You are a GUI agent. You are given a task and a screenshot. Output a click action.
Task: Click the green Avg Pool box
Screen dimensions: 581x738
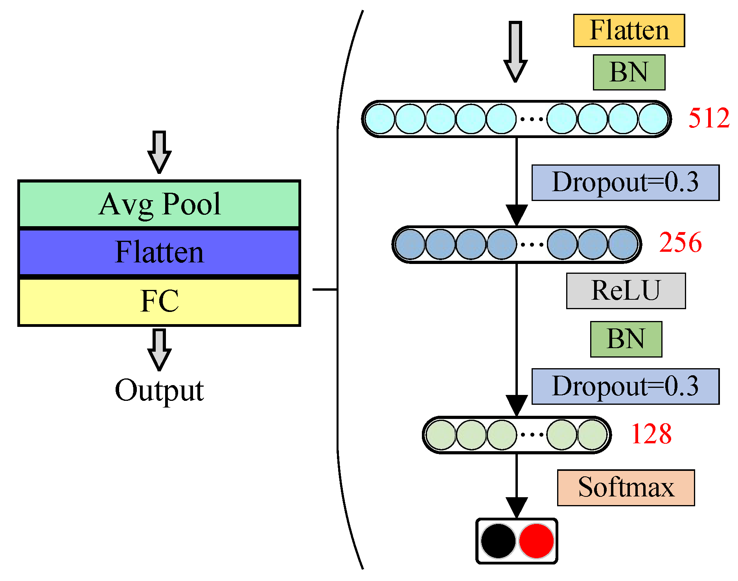click(159, 204)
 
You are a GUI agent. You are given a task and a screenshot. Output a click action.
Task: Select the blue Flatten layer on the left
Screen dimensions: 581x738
click(159, 252)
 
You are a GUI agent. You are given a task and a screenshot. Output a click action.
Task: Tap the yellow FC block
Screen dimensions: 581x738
click(159, 301)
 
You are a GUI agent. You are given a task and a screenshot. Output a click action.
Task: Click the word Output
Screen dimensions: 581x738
click(159, 390)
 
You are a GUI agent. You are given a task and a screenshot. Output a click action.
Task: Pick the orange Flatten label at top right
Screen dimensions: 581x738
click(629, 31)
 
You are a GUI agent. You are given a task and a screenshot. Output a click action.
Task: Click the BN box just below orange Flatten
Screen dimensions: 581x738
click(629, 72)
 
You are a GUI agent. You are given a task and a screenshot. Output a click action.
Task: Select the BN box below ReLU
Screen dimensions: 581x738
click(626, 339)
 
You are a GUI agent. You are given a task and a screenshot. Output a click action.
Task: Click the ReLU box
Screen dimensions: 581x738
click(626, 291)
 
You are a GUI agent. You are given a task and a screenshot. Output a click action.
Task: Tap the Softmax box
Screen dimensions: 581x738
click(626, 487)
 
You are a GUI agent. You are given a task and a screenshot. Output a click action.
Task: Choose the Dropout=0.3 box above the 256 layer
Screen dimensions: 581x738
click(625, 183)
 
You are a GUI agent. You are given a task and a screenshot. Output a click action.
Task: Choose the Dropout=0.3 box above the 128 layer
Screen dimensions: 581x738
click(625, 386)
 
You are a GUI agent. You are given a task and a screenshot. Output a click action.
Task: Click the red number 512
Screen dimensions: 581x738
click(709, 118)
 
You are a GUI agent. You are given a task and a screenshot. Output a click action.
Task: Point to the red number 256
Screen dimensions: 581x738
click(680, 242)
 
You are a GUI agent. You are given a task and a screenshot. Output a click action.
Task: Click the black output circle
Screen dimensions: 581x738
click(498, 541)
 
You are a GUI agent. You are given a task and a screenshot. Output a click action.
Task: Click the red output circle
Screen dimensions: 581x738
click(536, 541)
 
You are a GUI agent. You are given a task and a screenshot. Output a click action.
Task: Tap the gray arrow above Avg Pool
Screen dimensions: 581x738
click(159, 151)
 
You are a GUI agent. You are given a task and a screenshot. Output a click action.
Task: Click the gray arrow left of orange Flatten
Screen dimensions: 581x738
click(515, 51)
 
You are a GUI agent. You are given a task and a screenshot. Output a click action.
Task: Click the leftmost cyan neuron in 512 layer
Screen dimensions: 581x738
click(380, 119)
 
